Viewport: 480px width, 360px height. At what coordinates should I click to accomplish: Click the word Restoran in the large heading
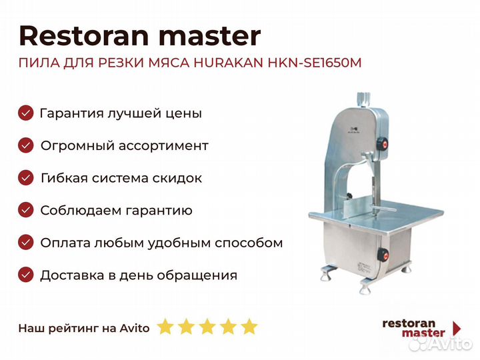[84, 36]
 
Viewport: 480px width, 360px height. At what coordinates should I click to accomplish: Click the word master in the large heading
[210, 37]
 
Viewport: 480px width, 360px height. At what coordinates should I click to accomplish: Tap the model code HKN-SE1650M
[315, 63]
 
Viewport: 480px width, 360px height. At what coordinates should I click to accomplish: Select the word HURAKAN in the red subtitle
[229, 63]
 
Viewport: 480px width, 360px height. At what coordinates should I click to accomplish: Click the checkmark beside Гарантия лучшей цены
[26, 113]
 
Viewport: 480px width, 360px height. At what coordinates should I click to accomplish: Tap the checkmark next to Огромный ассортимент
[26, 145]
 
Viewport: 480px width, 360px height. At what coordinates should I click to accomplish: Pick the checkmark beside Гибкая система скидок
[26, 178]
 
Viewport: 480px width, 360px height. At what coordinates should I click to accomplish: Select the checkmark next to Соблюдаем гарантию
[26, 210]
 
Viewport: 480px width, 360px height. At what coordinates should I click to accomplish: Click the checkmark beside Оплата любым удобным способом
[26, 243]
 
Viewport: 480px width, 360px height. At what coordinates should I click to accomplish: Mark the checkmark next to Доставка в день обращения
[26, 275]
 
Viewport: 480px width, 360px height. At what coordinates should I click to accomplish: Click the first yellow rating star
[165, 326]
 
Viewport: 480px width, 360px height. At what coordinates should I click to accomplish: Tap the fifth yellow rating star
[249, 326]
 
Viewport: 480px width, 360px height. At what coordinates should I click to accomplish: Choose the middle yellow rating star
[207, 326]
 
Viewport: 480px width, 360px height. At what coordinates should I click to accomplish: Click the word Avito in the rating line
[135, 328]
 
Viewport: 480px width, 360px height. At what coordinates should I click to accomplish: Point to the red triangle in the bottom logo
[457, 329]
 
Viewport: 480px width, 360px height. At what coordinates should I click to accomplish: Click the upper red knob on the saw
[383, 143]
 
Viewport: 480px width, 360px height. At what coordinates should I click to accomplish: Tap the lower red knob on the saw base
[383, 255]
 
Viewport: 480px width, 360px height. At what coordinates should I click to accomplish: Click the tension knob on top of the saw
[364, 99]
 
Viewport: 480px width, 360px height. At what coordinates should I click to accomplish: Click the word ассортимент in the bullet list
[163, 146]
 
